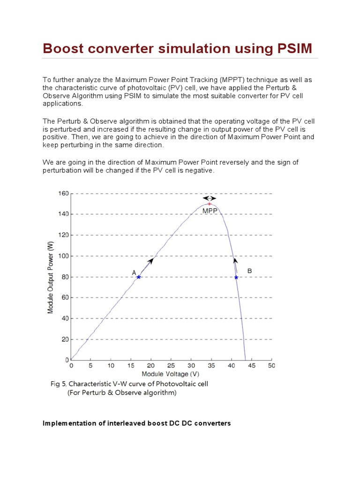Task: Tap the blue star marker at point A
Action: [139, 277]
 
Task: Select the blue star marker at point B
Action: [236, 277]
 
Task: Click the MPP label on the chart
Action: [210, 211]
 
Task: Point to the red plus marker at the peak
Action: [210, 203]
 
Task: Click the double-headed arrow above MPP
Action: [210, 198]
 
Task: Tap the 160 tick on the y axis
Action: [63, 193]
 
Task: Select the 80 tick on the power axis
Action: [65, 277]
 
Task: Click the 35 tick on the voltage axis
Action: [211, 366]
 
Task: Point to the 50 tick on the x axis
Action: [271, 366]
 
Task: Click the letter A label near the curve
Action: [134, 272]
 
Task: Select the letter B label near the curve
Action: [249, 271]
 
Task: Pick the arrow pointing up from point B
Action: [236, 265]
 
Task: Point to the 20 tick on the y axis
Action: [65, 339]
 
